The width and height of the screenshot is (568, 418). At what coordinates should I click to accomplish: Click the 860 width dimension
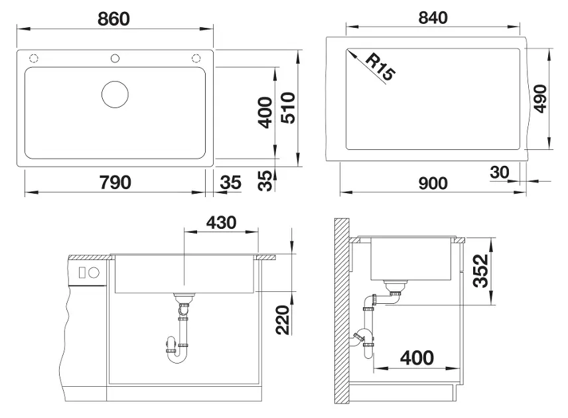[113, 19]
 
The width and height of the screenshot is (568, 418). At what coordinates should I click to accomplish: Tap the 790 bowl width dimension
[115, 182]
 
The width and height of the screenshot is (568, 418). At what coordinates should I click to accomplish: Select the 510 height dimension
[289, 108]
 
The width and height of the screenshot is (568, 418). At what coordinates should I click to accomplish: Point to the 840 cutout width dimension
[433, 18]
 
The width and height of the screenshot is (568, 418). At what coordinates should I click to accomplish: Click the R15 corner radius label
[380, 66]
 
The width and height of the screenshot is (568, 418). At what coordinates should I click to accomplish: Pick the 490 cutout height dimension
[540, 99]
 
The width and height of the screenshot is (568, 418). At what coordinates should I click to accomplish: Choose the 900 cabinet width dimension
[433, 183]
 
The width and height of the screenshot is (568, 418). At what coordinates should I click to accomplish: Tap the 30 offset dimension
[500, 173]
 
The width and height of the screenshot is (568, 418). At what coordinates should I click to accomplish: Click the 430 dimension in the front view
[222, 222]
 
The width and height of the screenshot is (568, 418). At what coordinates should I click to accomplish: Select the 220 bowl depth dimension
[283, 320]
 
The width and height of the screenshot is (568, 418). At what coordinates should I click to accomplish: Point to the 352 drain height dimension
[481, 271]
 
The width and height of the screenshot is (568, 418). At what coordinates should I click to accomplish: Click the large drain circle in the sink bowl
[115, 94]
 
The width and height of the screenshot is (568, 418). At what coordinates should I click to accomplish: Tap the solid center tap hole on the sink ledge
[115, 58]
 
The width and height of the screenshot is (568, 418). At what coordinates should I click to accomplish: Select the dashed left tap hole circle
[34, 58]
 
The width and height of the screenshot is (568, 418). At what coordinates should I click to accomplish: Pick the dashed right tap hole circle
[196, 58]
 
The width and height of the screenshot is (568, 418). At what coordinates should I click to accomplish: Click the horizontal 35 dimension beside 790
[230, 182]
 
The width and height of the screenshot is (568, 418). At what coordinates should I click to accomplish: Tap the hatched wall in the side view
[342, 311]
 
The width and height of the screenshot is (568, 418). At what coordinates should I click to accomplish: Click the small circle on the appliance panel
[94, 273]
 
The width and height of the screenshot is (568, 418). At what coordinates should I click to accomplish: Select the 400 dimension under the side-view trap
[417, 358]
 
